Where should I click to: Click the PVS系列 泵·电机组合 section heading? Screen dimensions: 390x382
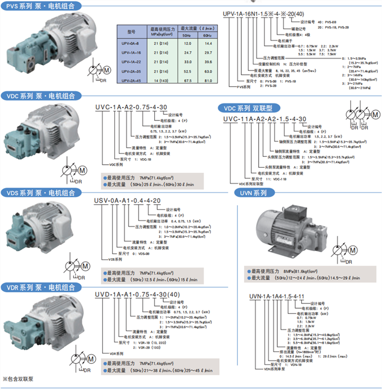(41, 6)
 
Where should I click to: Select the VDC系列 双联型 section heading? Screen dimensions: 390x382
(249, 107)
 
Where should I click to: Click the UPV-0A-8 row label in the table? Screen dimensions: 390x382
(131, 43)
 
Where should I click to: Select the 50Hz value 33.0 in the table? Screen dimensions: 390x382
(187, 61)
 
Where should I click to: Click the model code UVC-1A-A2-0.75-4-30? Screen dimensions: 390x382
(130, 106)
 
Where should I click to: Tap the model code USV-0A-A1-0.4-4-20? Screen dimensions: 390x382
(127, 201)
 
